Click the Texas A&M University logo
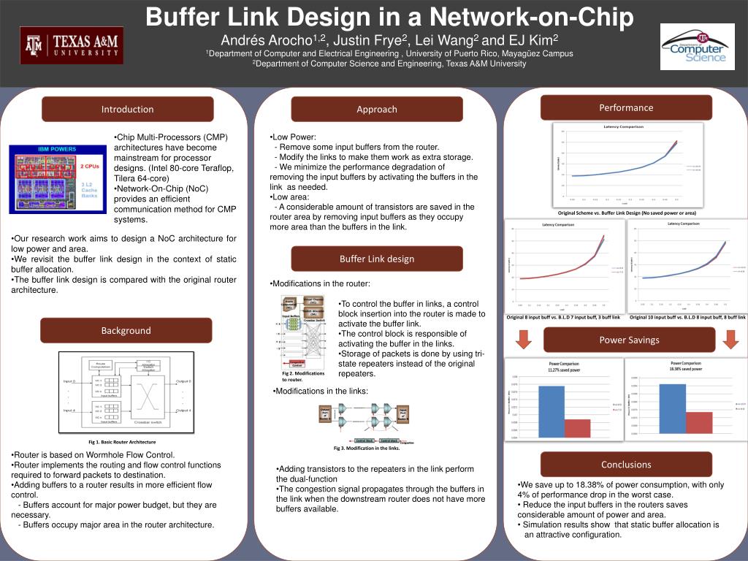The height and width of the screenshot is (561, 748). click(x=72, y=46)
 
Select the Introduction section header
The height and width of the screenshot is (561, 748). click(x=127, y=109)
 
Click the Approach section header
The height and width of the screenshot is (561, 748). click(x=377, y=109)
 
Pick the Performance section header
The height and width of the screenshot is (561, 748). click(x=626, y=107)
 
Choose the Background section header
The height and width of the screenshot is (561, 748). click(x=126, y=330)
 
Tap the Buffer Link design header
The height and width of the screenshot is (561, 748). click(x=377, y=259)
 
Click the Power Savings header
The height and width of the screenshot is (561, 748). click(x=629, y=340)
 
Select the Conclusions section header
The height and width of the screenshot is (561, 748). click(x=626, y=464)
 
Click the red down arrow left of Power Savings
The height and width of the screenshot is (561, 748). click(x=523, y=340)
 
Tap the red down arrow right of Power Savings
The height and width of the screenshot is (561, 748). click(x=730, y=340)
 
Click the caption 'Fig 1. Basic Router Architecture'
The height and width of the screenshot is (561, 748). click(x=122, y=442)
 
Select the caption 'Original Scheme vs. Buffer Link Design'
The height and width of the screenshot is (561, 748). click(x=626, y=213)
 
